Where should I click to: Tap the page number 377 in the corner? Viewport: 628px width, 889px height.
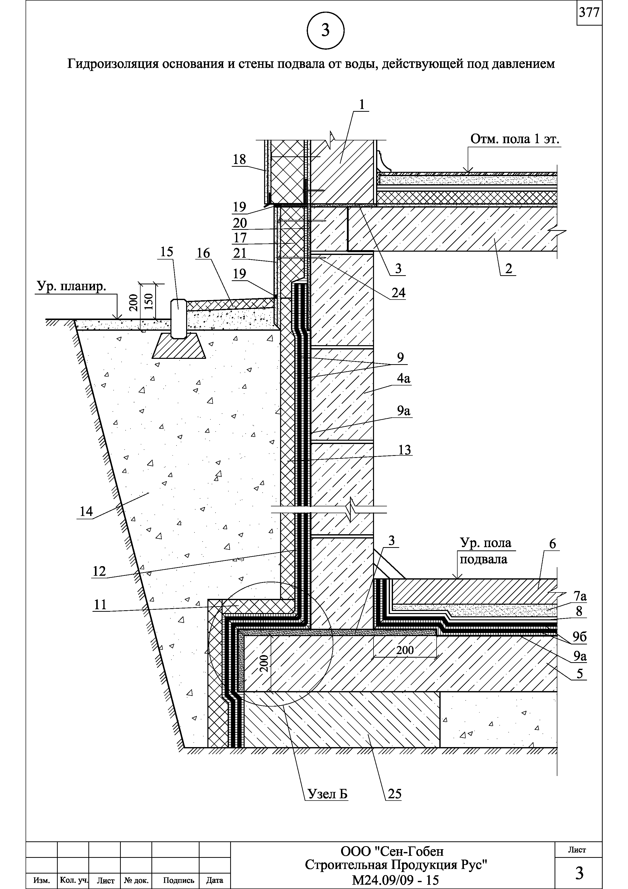(x=589, y=13)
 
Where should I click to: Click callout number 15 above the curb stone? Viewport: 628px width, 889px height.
(x=167, y=252)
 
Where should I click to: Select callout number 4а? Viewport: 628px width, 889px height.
(x=404, y=379)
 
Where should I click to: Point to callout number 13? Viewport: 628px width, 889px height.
(x=405, y=450)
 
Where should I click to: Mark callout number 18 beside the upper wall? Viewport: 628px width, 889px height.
(x=240, y=159)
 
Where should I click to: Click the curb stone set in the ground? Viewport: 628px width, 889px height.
(x=178, y=318)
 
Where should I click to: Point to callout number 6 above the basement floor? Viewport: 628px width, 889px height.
(x=553, y=544)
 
